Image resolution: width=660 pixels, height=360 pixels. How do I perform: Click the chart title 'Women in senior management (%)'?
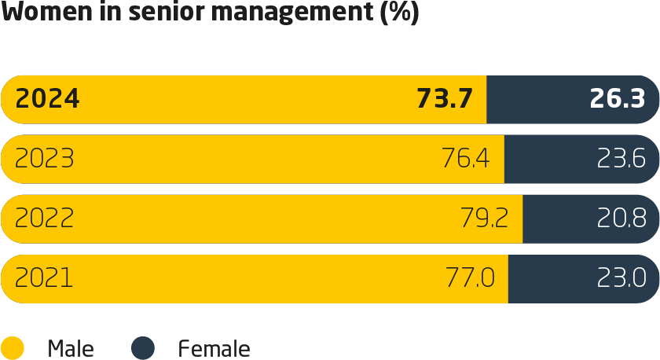[x=210, y=13]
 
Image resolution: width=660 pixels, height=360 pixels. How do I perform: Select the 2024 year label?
[x=47, y=99]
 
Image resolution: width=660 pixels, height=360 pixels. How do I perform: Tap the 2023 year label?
[x=45, y=160]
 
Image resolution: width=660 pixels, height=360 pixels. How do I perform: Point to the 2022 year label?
[x=45, y=219]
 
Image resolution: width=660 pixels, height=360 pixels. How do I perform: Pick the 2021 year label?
[x=44, y=278]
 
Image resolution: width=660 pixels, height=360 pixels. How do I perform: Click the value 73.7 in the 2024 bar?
[x=444, y=99]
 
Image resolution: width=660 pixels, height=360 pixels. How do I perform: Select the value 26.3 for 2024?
[x=617, y=99]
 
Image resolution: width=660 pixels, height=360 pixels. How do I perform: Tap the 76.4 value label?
[x=466, y=160]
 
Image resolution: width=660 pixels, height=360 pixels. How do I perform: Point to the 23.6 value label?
[x=621, y=160]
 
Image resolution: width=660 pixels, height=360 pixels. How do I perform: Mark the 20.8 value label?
[x=621, y=219]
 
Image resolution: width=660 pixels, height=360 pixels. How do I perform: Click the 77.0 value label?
[x=471, y=278]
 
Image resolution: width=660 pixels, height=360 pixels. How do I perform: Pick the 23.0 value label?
[x=621, y=278]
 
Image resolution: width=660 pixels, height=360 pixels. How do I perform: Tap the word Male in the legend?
[x=71, y=349]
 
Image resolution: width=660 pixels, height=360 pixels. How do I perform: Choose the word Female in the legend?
[x=214, y=349]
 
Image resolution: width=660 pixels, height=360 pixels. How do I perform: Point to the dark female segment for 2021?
[x=550, y=278]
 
